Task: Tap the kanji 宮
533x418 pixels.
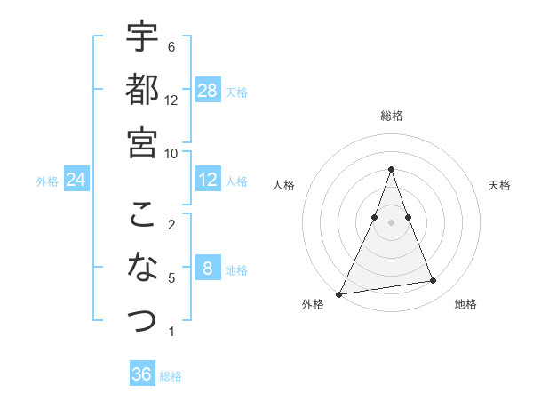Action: click(x=142, y=142)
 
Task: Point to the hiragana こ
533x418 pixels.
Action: click(x=142, y=214)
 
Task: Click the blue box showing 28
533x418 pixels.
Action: click(x=208, y=90)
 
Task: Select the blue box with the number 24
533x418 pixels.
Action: click(x=76, y=181)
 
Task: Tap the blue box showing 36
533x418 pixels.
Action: click(x=142, y=374)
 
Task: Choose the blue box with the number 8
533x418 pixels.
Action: click(x=208, y=269)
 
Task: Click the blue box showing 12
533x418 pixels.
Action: click(x=208, y=180)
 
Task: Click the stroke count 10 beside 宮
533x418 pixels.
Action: click(x=171, y=153)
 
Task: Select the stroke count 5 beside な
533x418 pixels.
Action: click(x=171, y=278)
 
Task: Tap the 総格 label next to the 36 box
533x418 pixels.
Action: click(x=171, y=376)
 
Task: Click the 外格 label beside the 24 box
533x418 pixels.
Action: click(x=47, y=181)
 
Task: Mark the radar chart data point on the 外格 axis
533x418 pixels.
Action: click(x=339, y=293)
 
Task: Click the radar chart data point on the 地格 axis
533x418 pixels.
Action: click(x=434, y=281)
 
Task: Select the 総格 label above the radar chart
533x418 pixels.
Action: click(x=392, y=116)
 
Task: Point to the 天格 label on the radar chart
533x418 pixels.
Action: click(x=500, y=185)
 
